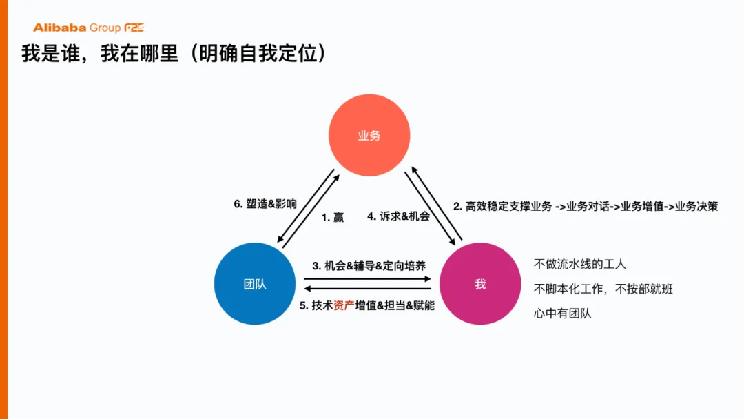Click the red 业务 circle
coord(369,135)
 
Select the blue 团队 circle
coord(255,284)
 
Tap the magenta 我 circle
coord(480,284)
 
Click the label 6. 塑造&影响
coord(265,204)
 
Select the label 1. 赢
coord(333,217)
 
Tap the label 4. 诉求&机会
coord(398,216)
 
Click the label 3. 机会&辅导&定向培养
coord(369,265)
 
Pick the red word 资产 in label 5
coord(344,305)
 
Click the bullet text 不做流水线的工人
coord(580,264)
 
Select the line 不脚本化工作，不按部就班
coord(603,289)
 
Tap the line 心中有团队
coord(562,314)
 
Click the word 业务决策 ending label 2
coord(697,206)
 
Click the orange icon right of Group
coord(134,28)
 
